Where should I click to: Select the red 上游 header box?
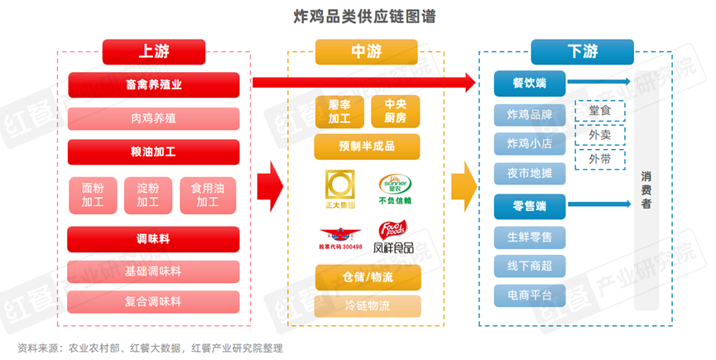[x=153, y=52]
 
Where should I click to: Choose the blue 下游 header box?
[x=582, y=52]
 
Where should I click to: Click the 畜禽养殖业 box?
[x=153, y=84]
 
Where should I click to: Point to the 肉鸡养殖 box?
[x=153, y=118]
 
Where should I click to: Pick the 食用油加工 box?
[x=209, y=194]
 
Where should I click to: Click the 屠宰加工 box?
[x=339, y=110]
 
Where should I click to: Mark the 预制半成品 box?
[x=367, y=146]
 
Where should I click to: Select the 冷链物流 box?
[x=367, y=305]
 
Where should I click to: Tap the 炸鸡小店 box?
[x=529, y=144]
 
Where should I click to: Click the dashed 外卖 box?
[x=600, y=134]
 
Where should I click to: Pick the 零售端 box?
[x=529, y=204]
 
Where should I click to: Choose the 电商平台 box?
[x=529, y=294]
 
